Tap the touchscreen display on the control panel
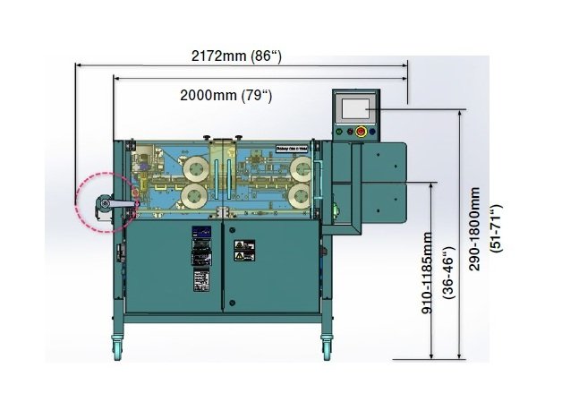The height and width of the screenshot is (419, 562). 356,109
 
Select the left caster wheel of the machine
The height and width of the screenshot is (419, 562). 116,345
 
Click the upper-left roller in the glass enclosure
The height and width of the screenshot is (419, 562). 195,166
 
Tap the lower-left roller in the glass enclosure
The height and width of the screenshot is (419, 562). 195,195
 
